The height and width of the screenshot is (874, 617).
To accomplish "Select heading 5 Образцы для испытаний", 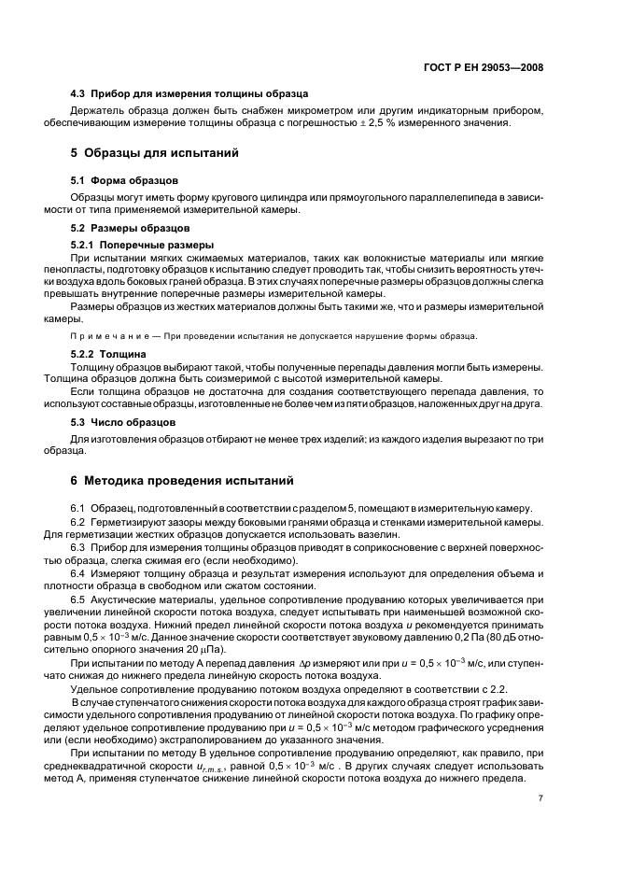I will (161, 152).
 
